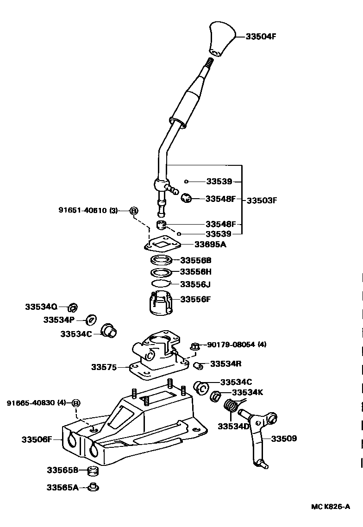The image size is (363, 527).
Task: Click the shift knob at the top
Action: click(x=221, y=38)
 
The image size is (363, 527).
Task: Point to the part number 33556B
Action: click(x=195, y=260)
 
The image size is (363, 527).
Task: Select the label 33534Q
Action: click(x=41, y=307)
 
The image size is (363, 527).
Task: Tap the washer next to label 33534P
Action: click(x=92, y=320)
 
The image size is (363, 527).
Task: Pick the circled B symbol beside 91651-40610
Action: click(x=133, y=211)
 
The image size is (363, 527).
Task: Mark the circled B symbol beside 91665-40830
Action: click(x=76, y=403)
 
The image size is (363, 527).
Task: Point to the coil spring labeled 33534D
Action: click(x=231, y=407)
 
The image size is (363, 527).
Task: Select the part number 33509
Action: click(x=283, y=438)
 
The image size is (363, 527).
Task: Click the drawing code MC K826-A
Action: click(x=330, y=507)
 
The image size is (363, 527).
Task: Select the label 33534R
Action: click(x=225, y=364)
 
